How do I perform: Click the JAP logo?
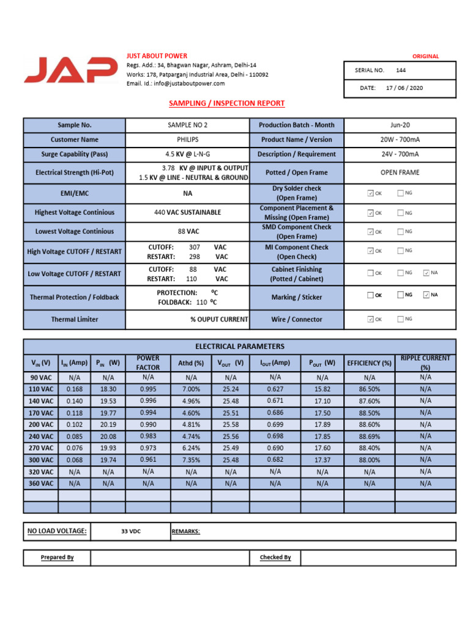[71, 70]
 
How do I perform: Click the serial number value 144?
[401, 70]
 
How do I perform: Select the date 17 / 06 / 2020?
[404, 88]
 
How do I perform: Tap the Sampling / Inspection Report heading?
[226, 103]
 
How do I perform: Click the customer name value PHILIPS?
[187, 140]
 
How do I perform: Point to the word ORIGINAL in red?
[425, 56]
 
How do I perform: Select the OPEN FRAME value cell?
[400, 173]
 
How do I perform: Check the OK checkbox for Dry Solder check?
[370, 193]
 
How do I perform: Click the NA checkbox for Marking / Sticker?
[427, 295]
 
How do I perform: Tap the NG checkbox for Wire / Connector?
[400, 319]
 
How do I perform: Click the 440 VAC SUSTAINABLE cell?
[187, 212]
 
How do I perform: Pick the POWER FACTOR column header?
[148, 362]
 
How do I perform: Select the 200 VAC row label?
[40, 424]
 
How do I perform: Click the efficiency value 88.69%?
[369, 437]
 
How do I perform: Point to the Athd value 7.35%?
[191, 460]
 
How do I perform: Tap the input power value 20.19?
[108, 424]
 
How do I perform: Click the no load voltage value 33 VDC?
[130, 531]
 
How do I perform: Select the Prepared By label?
[57, 558]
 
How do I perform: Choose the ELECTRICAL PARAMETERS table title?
[239, 347]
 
